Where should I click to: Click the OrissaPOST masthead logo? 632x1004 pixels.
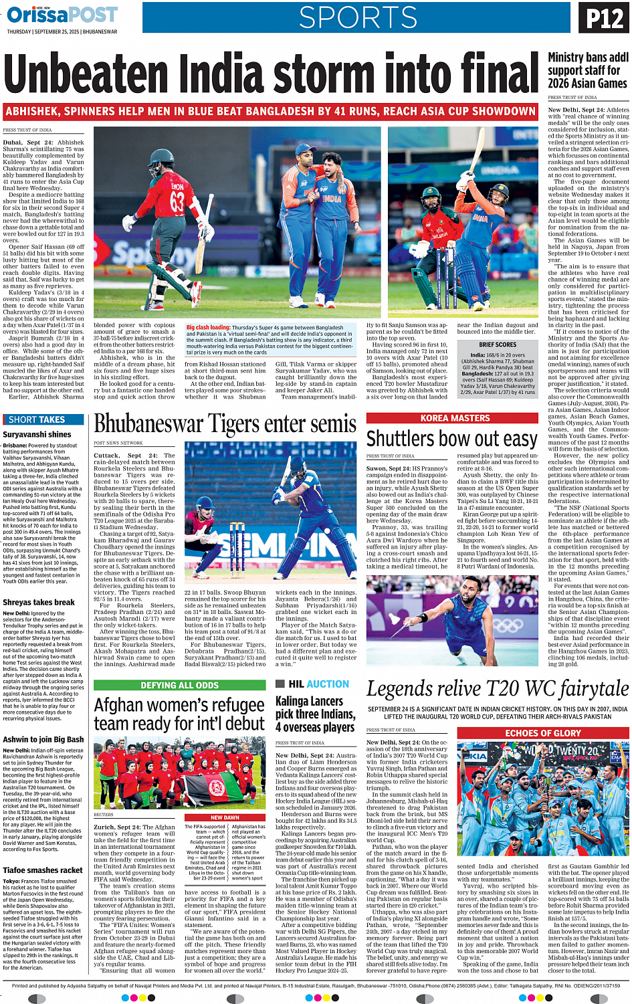coord(62,14)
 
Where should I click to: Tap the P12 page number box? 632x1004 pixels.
coord(605,18)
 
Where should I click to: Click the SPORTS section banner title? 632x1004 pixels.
coord(358,17)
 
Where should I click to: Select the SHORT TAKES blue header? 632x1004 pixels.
coord(37,419)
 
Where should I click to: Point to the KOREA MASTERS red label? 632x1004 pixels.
coord(455,418)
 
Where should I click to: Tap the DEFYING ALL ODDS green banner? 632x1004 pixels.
coord(179,685)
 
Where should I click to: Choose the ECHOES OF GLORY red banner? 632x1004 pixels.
coord(542,733)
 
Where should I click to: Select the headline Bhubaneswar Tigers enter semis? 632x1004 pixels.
coord(225,424)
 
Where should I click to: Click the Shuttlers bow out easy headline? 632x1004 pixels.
coord(451,439)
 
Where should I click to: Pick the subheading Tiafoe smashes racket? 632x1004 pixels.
coord(43,870)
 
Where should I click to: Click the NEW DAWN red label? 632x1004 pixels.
coord(225,817)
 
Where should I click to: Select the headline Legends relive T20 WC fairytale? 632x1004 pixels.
coord(497,689)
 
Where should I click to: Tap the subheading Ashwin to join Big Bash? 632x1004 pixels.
coord(43,740)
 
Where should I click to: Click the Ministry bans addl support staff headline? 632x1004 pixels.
coord(587,70)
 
